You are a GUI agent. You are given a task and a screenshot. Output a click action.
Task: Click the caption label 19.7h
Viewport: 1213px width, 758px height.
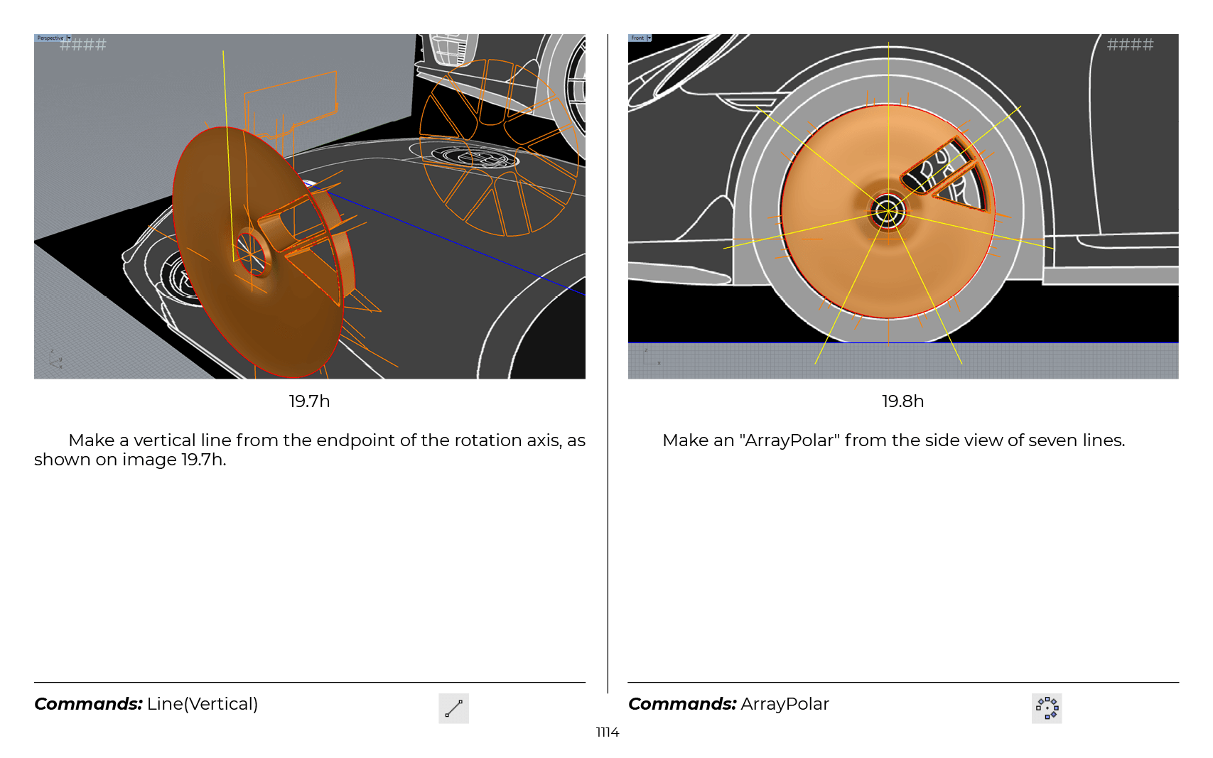[x=309, y=401]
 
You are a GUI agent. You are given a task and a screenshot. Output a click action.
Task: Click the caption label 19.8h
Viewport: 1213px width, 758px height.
[x=902, y=401]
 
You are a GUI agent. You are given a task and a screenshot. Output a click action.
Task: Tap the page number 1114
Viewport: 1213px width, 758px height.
[x=607, y=732]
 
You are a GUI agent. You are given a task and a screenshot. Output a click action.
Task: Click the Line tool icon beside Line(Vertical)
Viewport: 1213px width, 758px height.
[x=454, y=708]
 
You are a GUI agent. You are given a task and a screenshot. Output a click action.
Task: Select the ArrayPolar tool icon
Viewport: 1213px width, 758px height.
[x=1047, y=708]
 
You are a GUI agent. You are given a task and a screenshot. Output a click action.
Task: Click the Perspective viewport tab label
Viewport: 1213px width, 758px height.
[x=50, y=38]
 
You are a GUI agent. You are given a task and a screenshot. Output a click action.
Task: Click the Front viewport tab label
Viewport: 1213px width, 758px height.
[x=637, y=38]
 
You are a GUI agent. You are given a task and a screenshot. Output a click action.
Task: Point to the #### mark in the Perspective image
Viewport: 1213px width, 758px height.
[x=83, y=44]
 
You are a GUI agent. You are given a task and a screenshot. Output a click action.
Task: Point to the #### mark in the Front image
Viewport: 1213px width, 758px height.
[x=1130, y=44]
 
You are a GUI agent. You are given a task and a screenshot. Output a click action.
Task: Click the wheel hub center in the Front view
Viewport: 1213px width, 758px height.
[x=888, y=210]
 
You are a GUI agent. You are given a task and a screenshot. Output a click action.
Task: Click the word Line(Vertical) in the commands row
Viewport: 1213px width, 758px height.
[x=203, y=704]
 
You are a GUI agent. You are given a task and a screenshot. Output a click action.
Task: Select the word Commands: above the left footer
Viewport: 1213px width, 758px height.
[x=88, y=704]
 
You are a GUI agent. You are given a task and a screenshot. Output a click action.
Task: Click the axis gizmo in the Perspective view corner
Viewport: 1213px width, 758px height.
[x=55, y=359]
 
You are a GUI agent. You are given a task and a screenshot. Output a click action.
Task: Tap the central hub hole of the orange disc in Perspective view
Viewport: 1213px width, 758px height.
[x=252, y=254]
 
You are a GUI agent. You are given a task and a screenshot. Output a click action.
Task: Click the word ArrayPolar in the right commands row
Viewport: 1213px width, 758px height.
[x=785, y=704]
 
